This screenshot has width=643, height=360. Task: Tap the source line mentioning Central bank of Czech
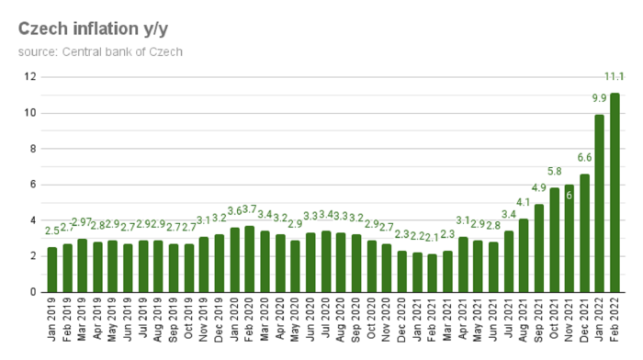100,51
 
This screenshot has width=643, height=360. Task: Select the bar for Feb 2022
615,193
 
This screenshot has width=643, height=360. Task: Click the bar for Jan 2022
599,203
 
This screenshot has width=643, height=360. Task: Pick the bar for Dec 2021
584,233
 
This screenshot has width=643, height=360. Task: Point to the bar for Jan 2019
52,270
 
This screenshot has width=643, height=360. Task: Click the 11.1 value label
615,75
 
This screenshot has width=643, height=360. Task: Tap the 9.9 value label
599,98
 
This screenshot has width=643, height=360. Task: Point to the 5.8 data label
554,172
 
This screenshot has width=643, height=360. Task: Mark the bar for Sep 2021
538,248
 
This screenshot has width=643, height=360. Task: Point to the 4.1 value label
524,202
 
